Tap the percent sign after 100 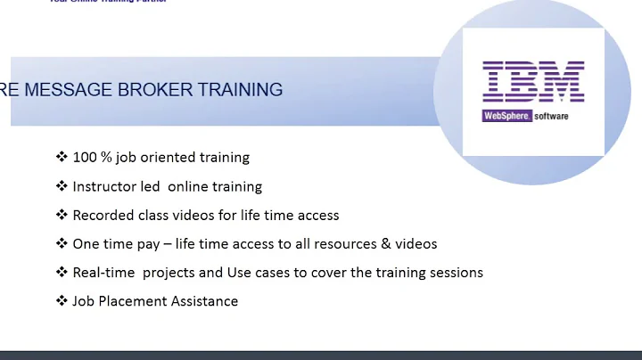(106, 158)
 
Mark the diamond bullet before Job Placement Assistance (62, 300)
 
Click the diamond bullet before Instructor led (62, 186)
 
